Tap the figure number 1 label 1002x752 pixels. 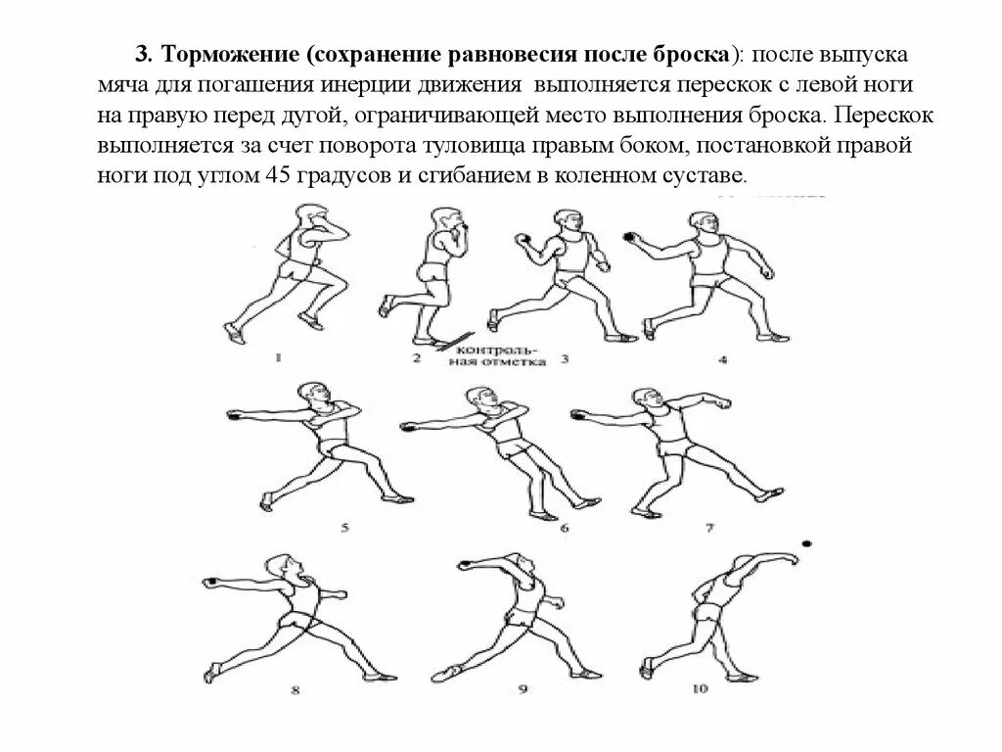pos(278,358)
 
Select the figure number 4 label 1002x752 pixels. pos(723,359)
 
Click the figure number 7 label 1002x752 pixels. pos(709,529)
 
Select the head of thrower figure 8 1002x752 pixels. pos(282,565)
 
